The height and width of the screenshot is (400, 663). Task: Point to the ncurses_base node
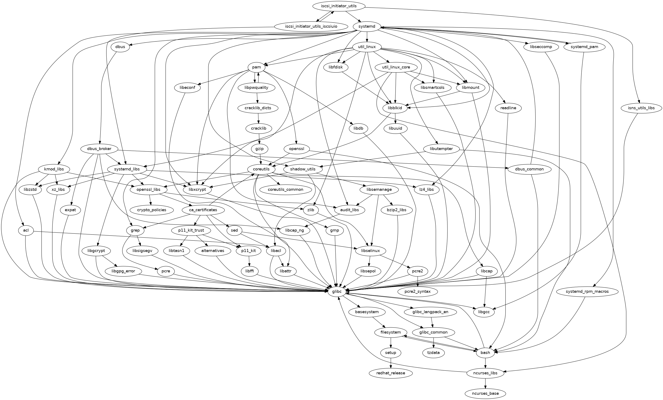click(485, 393)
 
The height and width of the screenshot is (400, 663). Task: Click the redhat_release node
click(391, 373)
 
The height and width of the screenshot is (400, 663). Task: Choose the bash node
click(485, 353)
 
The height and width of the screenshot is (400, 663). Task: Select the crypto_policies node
click(151, 210)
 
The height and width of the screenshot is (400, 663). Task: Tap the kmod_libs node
click(54, 169)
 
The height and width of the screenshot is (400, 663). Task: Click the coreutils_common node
click(286, 189)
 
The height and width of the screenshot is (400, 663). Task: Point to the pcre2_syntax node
click(418, 291)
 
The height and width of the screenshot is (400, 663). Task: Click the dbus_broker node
click(99, 149)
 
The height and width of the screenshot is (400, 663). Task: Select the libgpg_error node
click(123, 271)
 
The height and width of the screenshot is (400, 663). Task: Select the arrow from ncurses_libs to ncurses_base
click(485, 383)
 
